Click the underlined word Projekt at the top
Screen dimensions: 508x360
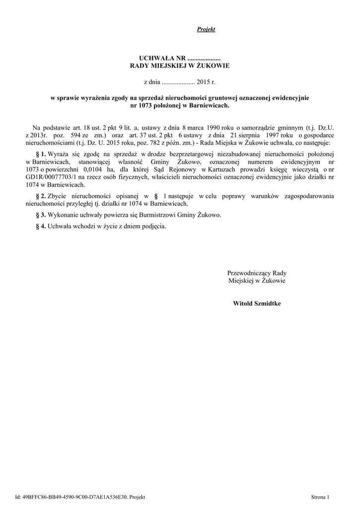point(206,30)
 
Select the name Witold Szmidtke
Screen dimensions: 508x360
point(257,303)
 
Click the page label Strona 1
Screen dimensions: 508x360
point(320,497)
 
